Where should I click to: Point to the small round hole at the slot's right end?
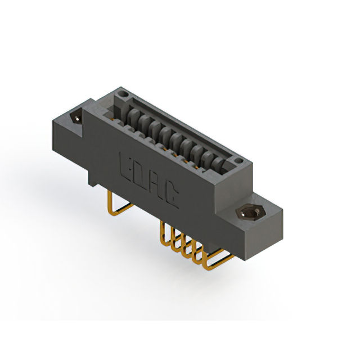pos(241,161)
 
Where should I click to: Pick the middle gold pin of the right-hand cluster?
pos(183,243)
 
